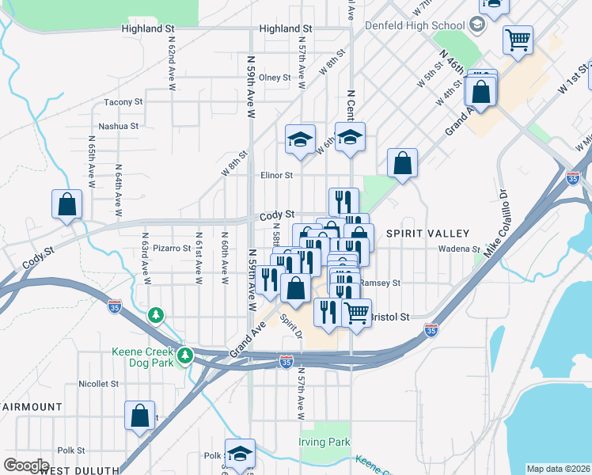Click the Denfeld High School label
click(415, 25)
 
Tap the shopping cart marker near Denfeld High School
click(518, 39)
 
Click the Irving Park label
click(324, 442)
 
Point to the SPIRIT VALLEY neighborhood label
click(427, 234)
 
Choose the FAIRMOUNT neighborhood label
click(32, 406)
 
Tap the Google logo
click(26, 465)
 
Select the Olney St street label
click(275, 78)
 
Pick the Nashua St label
click(118, 126)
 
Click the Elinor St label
click(276, 176)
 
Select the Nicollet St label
click(98, 384)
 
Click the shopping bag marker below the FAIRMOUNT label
click(139, 416)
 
